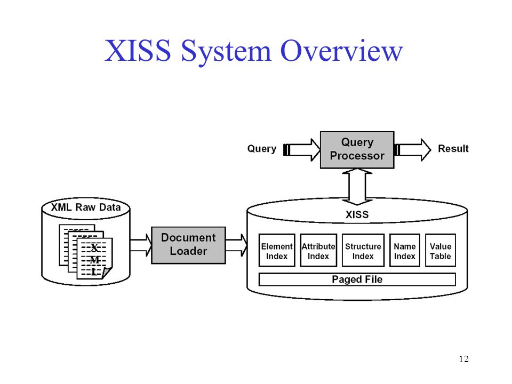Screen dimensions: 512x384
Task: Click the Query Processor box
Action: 357,150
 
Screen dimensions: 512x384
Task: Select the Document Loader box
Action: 188,245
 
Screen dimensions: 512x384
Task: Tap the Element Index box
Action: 277,251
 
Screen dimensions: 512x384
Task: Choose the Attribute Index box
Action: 318,251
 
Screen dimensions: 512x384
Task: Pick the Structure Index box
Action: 363,251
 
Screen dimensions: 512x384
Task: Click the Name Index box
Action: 405,251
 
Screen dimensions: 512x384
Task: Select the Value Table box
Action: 441,251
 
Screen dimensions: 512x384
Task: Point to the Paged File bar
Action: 357,279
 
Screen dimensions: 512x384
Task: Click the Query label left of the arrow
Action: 262,149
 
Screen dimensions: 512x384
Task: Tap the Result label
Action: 453,149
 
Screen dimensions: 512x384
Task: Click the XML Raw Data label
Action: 86,207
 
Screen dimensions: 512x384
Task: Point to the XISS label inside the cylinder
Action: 357,214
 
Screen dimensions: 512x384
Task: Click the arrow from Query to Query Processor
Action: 301,150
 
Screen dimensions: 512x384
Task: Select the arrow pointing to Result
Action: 413,150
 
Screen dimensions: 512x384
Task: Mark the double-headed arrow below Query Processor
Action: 357,187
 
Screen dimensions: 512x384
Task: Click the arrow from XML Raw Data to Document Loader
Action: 141,245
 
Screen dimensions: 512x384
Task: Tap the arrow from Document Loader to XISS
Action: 236,245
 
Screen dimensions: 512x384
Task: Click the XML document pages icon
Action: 86,252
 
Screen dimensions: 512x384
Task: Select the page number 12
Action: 463,359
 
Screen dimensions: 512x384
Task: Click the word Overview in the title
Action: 341,51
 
